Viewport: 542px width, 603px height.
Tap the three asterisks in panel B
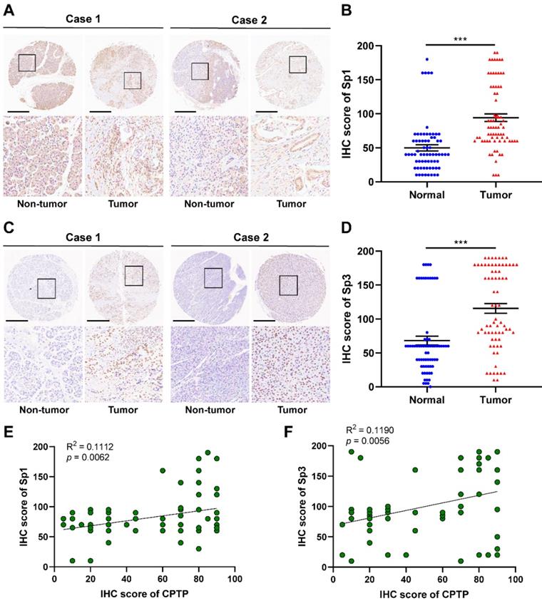(x=466, y=37)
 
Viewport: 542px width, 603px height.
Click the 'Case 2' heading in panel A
(x=250, y=19)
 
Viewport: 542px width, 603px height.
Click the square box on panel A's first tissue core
(x=27, y=63)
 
